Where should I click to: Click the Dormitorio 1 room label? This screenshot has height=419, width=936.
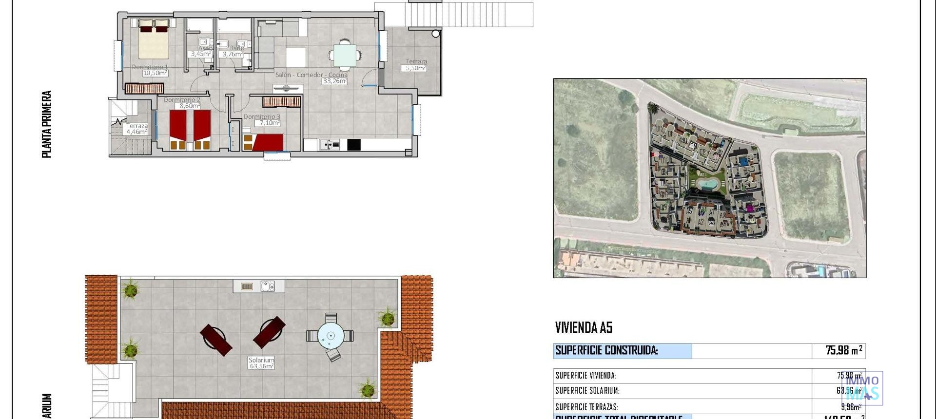coord(150,67)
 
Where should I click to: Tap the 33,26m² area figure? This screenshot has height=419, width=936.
coord(334,81)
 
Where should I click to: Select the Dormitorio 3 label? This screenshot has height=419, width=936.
coord(262,117)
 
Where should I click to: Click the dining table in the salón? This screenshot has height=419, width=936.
coord(345,55)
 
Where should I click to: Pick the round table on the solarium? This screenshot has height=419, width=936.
coord(331,336)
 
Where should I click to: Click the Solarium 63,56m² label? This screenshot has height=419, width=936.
coord(261,363)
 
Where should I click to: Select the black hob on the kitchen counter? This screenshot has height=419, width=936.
coord(354,145)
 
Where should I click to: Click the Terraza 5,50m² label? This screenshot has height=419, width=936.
coord(416,65)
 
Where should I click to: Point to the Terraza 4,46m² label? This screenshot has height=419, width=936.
coord(136,129)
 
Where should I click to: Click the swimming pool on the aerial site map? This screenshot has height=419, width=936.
coord(706,184)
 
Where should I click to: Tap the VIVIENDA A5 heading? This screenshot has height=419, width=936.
coord(584,328)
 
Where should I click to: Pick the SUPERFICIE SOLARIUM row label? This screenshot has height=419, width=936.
coord(587,391)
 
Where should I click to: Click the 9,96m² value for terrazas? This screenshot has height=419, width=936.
coord(851,407)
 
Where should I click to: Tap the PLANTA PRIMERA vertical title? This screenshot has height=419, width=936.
coord(47,124)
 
